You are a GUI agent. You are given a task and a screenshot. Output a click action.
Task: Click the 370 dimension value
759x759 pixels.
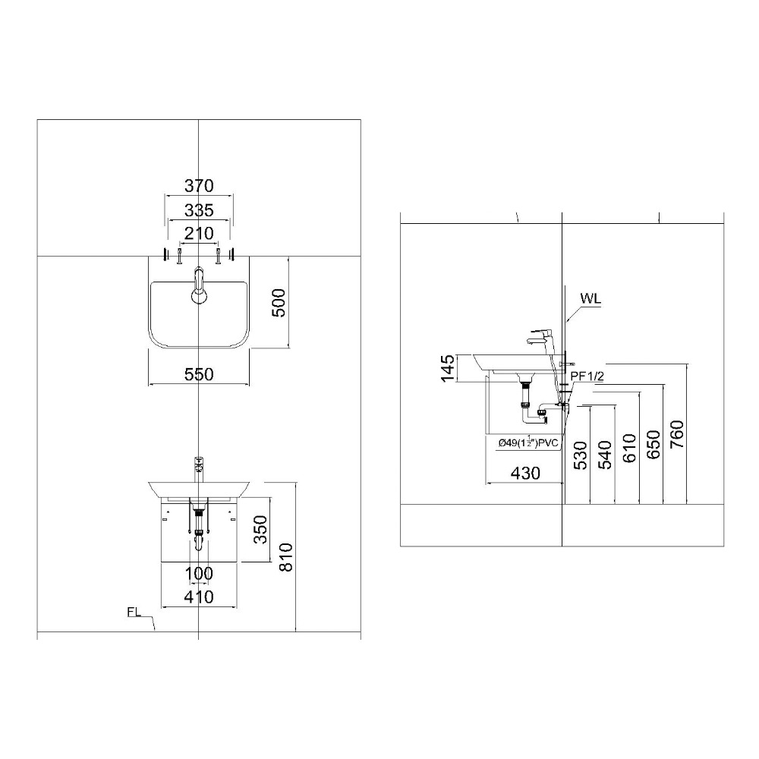(x=199, y=186)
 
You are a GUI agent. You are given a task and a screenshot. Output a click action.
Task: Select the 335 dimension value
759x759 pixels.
(x=199, y=210)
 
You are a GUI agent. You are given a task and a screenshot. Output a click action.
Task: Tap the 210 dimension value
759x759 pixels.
(x=199, y=233)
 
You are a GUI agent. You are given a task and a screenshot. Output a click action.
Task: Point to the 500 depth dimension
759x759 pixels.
(x=279, y=303)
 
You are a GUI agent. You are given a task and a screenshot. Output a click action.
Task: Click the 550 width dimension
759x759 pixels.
(x=199, y=374)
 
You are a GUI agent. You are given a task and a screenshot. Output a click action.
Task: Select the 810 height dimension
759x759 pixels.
(x=286, y=558)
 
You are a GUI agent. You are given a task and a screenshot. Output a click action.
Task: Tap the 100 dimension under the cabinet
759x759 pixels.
(x=199, y=573)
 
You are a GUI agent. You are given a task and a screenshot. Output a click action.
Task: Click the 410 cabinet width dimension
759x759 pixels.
(x=199, y=597)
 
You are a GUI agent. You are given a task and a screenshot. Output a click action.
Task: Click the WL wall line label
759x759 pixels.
(x=591, y=298)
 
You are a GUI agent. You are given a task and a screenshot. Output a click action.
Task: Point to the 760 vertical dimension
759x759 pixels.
(x=678, y=434)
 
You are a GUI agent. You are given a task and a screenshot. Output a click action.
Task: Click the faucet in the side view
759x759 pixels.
(x=543, y=337)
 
